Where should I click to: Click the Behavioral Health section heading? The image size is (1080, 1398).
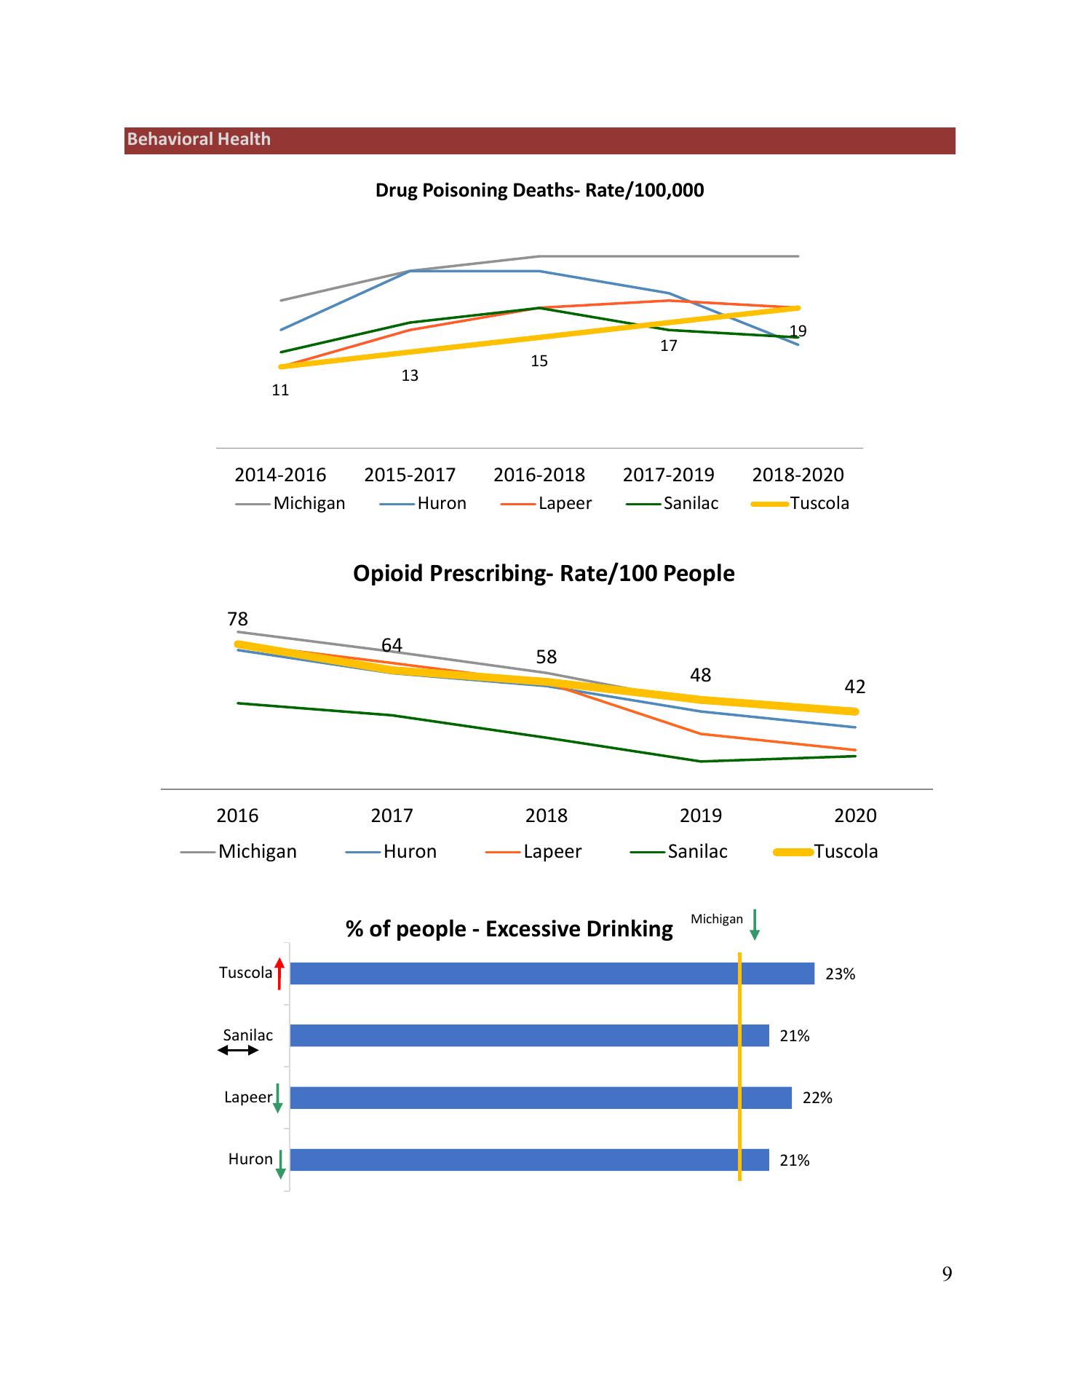coord(199,140)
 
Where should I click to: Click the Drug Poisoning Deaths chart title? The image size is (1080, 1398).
coord(539,191)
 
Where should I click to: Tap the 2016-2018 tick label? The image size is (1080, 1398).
coord(539,475)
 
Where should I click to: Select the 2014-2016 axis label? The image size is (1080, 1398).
coord(280,475)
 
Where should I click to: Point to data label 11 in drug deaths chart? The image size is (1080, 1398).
coord(280,390)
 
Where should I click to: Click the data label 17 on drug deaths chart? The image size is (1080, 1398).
coord(668,346)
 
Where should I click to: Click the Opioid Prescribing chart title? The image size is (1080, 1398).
coord(544,574)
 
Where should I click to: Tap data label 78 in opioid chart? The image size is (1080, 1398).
coord(238,619)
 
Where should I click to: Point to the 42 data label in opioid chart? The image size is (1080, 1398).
coord(854,687)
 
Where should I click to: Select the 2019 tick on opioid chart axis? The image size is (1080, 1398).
coord(700,815)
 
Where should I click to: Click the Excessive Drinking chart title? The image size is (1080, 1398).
coord(509,929)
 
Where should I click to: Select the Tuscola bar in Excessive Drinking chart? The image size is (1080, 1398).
coord(552,974)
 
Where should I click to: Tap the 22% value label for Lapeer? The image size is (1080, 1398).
coord(817,1098)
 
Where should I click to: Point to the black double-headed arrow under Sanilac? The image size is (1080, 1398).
coord(238,1050)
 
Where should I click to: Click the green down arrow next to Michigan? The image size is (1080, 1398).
coord(755,924)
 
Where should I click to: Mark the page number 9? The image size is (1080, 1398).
coord(947,1273)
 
